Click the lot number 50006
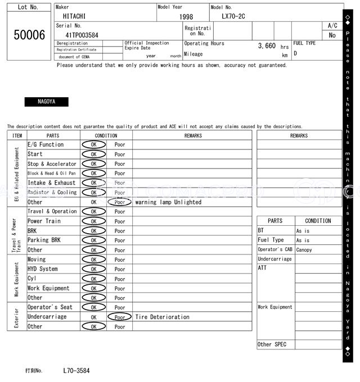[29, 35]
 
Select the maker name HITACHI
[74, 17]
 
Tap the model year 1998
[186, 17]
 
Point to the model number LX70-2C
[233, 17]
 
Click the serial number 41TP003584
[78, 35]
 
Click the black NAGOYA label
[46, 102]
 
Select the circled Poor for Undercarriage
[119, 317]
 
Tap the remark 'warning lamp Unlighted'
[168, 202]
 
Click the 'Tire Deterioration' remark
[162, 317]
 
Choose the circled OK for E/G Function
[93, 144]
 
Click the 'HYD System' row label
[43, 269]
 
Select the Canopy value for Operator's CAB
[304, 250]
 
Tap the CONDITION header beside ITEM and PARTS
[106, 135]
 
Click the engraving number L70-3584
[76, 371]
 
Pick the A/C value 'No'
[332, 35]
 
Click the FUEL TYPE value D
[295, 54]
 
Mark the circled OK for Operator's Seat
[93, 307]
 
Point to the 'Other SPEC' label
[272, 344]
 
